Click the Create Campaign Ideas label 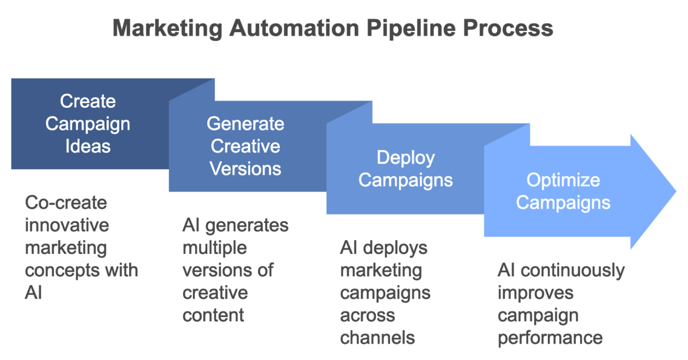coord(88,124)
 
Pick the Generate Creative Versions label coord(245,146)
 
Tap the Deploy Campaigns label coord(405,169)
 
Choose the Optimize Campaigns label coord(563,191)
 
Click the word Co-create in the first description coord(66,203)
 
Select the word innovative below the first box coord(67,225)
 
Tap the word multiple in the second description coord(215,248)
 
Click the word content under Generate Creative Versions coord(213,315)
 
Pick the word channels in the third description coord(377,338)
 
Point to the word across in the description coord(367,315)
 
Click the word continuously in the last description coord(572,270)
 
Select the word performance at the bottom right coord(550,338)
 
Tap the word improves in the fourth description coord(535,293)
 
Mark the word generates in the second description coord(247,225)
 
